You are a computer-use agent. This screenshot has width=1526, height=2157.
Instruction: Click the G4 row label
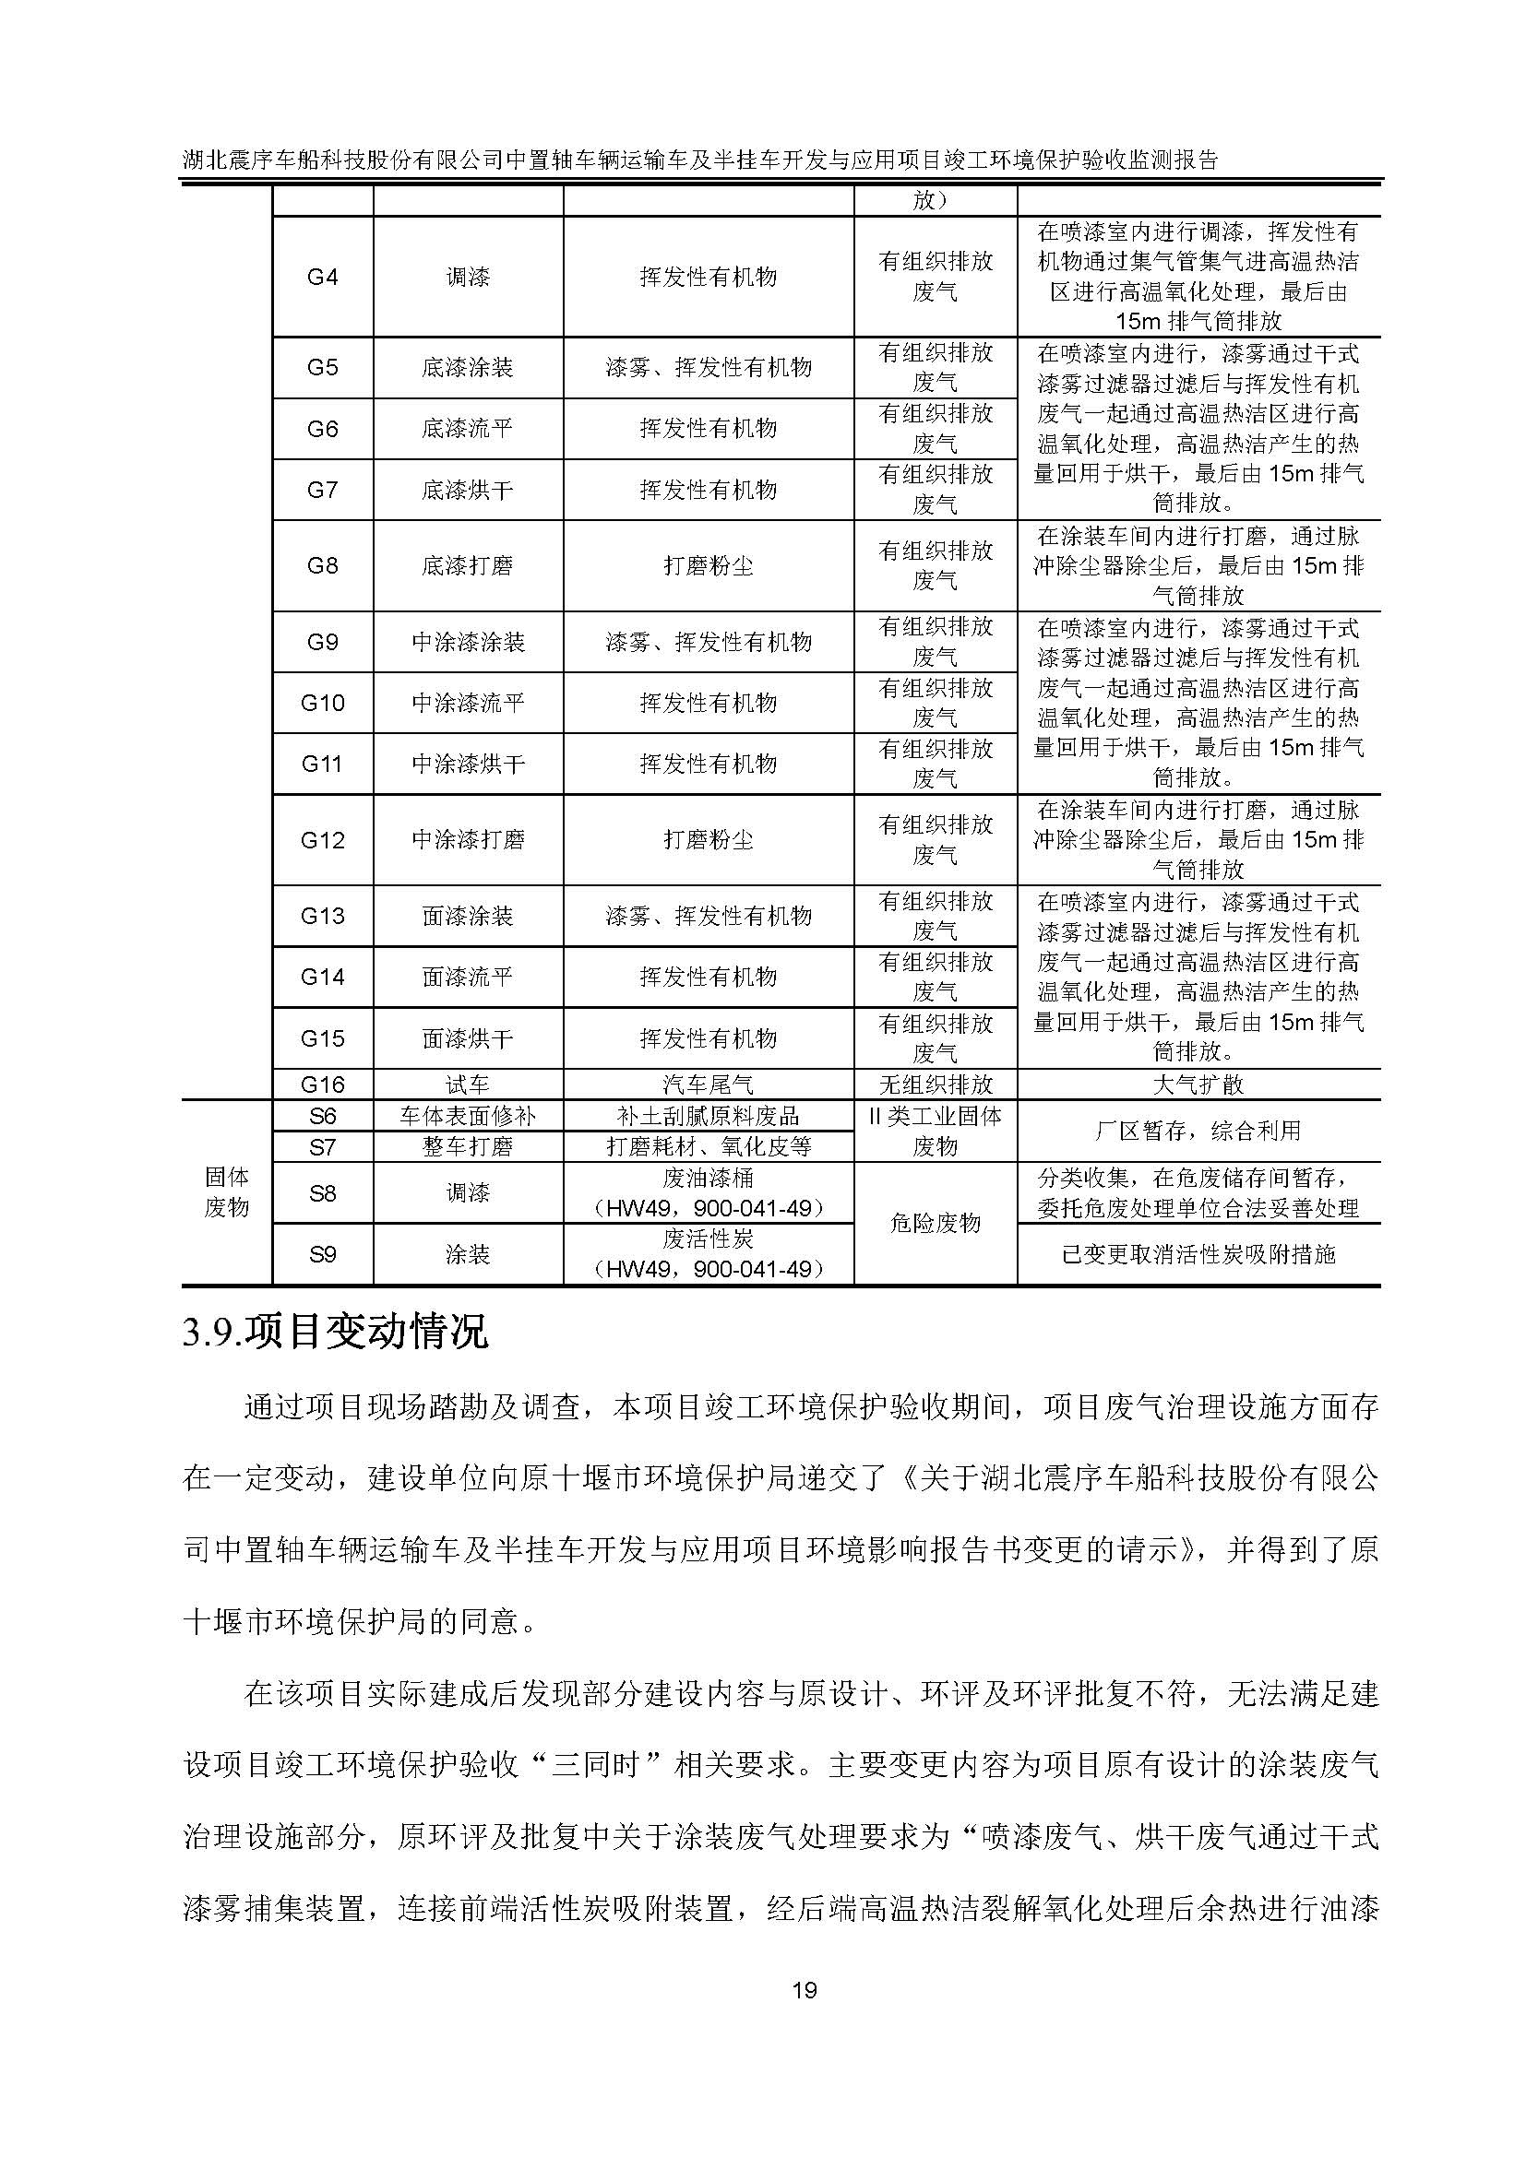pyautogui.click(x=322, y=278)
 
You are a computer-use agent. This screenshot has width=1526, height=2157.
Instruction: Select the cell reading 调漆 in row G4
pyautogui.click(x=467, y=278)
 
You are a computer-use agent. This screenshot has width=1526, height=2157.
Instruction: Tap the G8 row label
pyautogui.click(x=322, y=565)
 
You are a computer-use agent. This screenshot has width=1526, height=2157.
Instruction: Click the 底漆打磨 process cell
pyautogui.click(x=467, y=565)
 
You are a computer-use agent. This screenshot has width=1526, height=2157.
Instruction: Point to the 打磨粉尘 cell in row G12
pyautogui.click(x=709, y=840)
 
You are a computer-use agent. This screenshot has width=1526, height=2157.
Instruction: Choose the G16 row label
pyautogui.click(x=322, y=1084)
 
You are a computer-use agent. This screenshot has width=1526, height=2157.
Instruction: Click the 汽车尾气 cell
pyautogui.click(x=709, y=1084)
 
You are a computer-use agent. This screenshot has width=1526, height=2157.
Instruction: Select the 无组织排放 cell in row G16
pyautogui.click(x=935, y=1084)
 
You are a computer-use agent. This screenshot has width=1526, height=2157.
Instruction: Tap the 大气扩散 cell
pyautogui.click(x=1198, y=1084)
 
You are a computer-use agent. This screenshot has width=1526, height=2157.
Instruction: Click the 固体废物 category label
pyautogui.click(x=226, y=1191)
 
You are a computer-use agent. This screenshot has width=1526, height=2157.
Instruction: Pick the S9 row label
pyautogui.click(x=322, y=1254)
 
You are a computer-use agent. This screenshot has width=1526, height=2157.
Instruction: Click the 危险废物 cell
pyautogui.click(x=935, y=1223)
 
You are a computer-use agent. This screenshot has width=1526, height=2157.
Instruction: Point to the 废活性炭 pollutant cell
pyautogui.click(x=709, y=1253)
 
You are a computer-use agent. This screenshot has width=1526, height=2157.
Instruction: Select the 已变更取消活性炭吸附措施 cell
pyautogui.click(x=1198, y=1254)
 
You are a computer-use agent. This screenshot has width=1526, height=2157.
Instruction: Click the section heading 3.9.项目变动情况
pyautogui.click(x=336, y=1333)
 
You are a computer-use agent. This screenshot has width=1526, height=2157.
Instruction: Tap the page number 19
pyautogui.click(x=805, y=1989)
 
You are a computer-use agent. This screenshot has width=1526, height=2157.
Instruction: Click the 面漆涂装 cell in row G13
pyautogui.click(x=467, y=916)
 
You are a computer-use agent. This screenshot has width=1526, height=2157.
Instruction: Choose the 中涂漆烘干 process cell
pyautogui.click(x=467, y=764)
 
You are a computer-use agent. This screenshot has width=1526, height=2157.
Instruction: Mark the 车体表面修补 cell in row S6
pyautogui.click(x=467, y=1116)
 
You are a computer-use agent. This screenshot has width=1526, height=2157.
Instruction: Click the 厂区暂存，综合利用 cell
pyautogui.click(x=1198, y=1131)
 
